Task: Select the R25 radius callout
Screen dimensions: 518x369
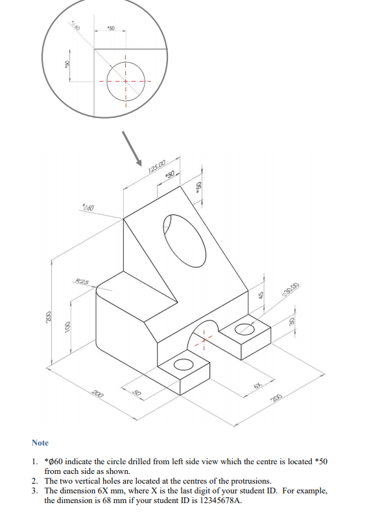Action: coord(82,282)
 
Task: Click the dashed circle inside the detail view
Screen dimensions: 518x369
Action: coord(125,80)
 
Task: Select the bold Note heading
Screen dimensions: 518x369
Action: coord(40,443)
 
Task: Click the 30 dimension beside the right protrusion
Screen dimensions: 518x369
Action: coord(292,322)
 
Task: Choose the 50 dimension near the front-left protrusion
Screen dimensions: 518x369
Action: coord(136,392)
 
